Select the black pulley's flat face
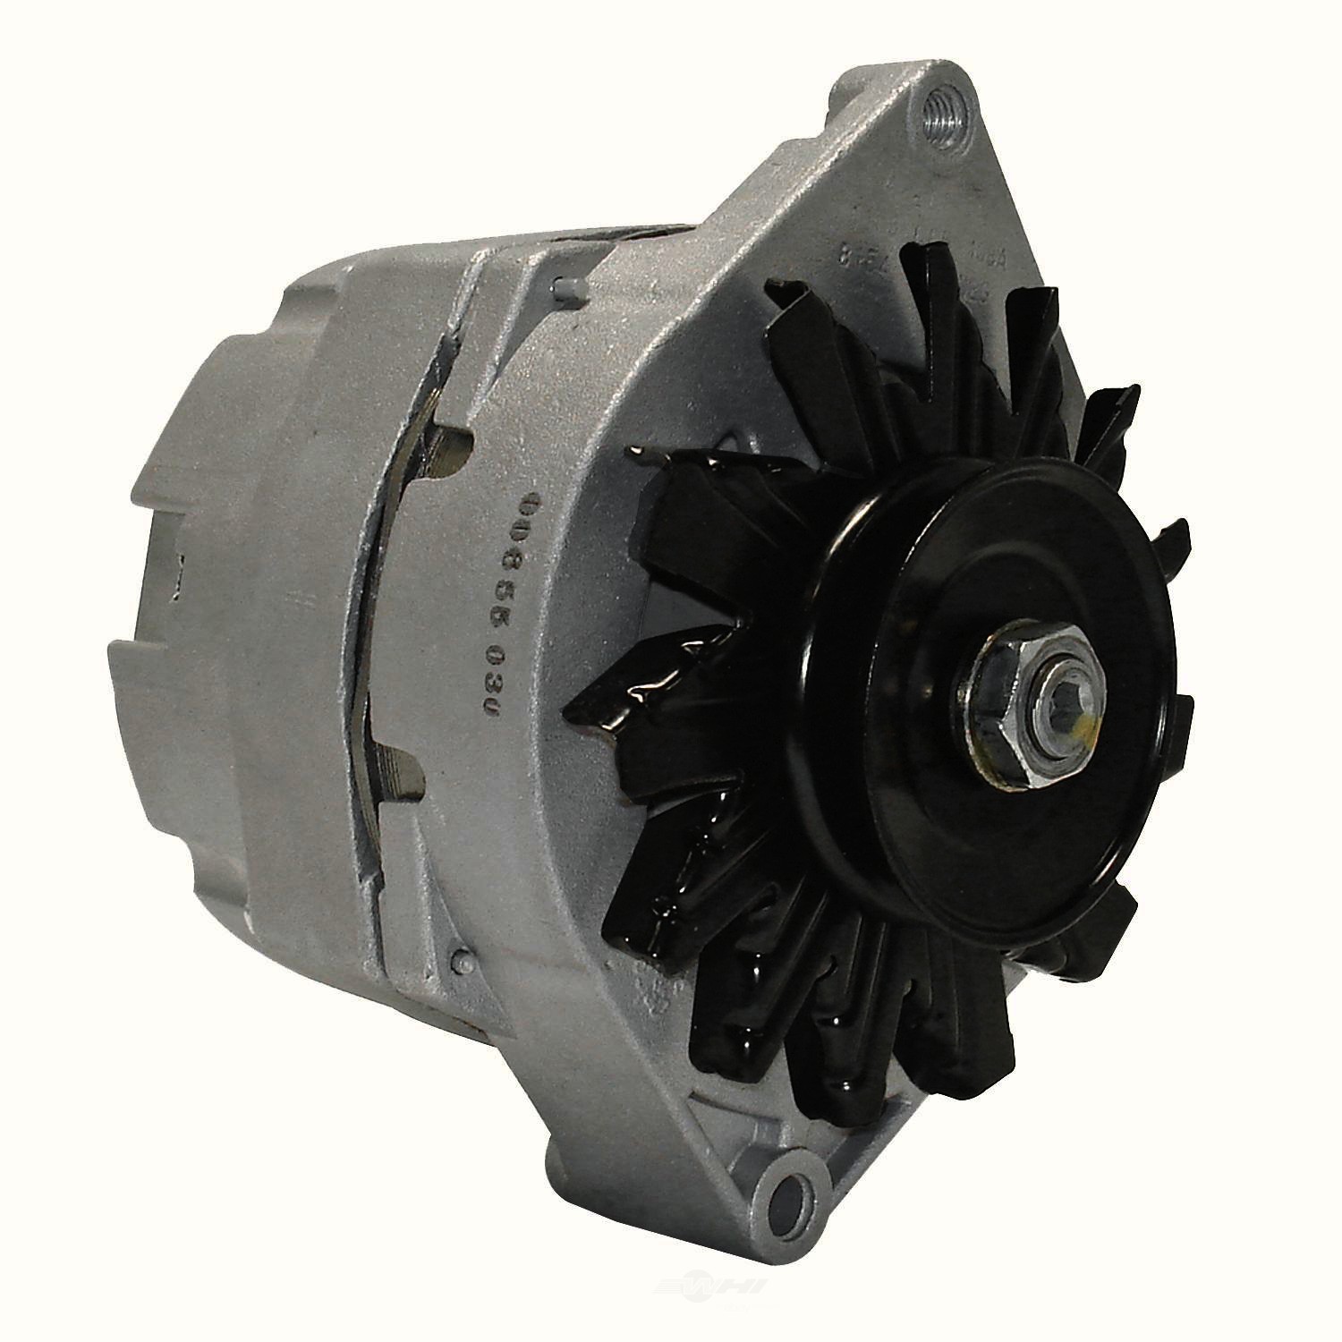pos(939,582)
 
